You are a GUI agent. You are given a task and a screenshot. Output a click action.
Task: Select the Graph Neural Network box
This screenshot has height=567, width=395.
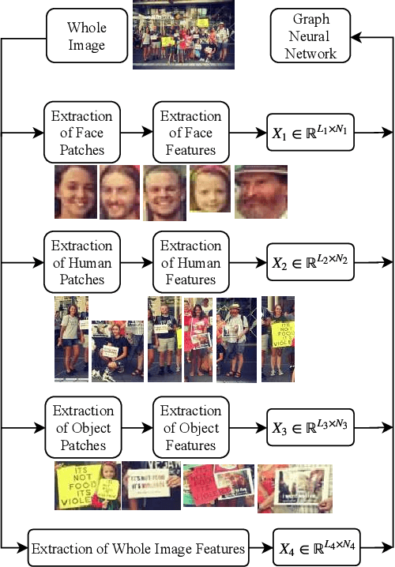pos(310,36)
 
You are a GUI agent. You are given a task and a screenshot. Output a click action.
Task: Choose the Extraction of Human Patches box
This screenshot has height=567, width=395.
pos(82,262)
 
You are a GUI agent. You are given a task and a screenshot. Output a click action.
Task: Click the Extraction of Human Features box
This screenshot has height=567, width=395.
pos(190,262)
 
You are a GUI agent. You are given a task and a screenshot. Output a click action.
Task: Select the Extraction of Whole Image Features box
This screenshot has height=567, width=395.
pos(138,547)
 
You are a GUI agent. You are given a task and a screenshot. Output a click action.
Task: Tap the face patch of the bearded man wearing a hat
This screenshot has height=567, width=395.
pos(261,192)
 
